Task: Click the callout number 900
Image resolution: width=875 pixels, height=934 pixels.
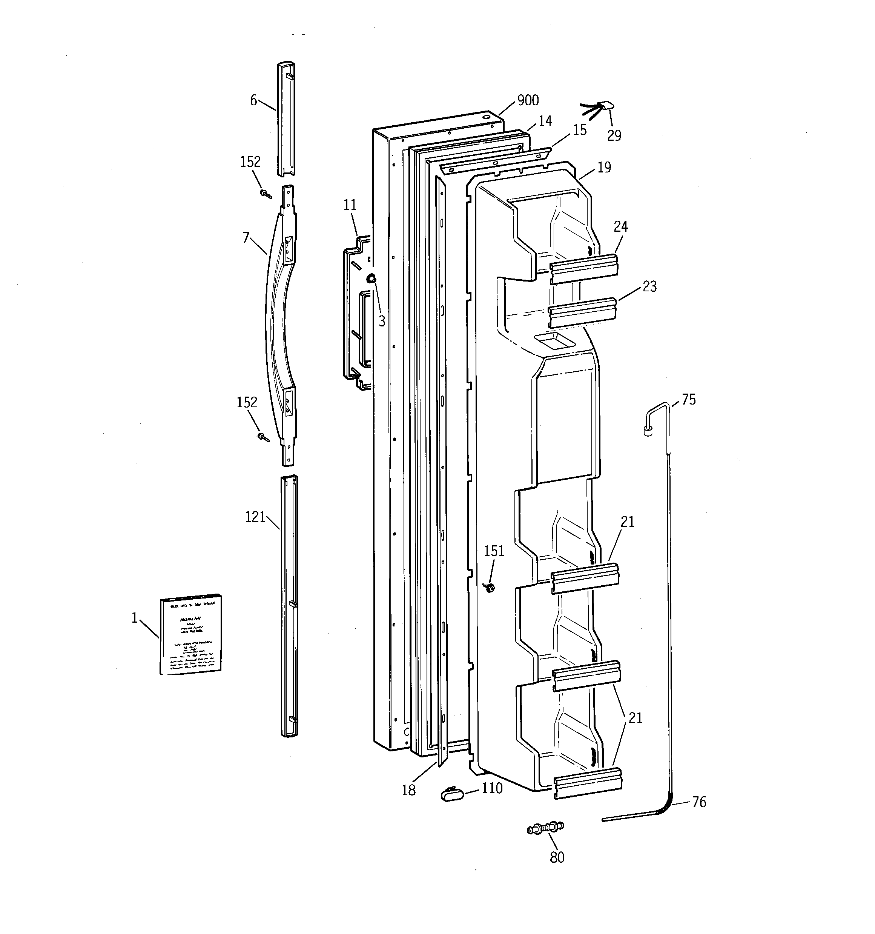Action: pos(528,100)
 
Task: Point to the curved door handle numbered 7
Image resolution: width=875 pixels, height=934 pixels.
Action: pos(275,324)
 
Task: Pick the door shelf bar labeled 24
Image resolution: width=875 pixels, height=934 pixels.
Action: pos(583,269)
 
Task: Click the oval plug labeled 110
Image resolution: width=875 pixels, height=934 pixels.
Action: pos(452,794)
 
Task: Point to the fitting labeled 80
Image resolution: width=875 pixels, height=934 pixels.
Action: pos(545,828)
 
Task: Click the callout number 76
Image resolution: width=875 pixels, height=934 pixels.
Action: pos(699,802)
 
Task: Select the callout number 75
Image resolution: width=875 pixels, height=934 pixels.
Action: pos(689,399)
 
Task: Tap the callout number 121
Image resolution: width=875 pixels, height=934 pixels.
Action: pos(255,517)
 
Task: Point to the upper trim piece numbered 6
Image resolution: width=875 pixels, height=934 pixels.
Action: pos(286,120)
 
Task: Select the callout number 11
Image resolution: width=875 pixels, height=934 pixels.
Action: pos(350,205)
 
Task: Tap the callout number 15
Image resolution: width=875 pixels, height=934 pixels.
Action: pos(580,130)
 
